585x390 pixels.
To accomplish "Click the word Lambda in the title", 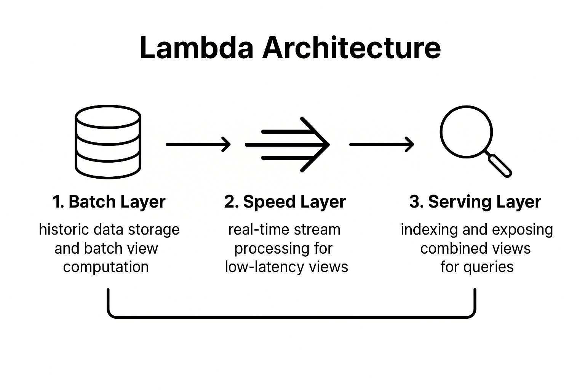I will (x=196, y=48).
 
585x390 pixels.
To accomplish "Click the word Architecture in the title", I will (x=351, y=48).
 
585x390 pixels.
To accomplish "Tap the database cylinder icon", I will (x=108, y=142).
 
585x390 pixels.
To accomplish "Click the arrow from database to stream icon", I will (x=198, y=144).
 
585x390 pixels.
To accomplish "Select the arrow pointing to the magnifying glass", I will (x=381, y=144).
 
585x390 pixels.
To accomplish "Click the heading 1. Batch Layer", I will (x=109, y=201).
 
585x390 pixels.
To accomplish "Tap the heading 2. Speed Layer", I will (x=285, y=201).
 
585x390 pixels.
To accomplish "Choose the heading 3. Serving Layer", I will (x=475, y=201).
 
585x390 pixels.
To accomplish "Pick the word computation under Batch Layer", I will (x=106, y=267).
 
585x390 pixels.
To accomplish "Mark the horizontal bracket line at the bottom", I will (x=292, y=316).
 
